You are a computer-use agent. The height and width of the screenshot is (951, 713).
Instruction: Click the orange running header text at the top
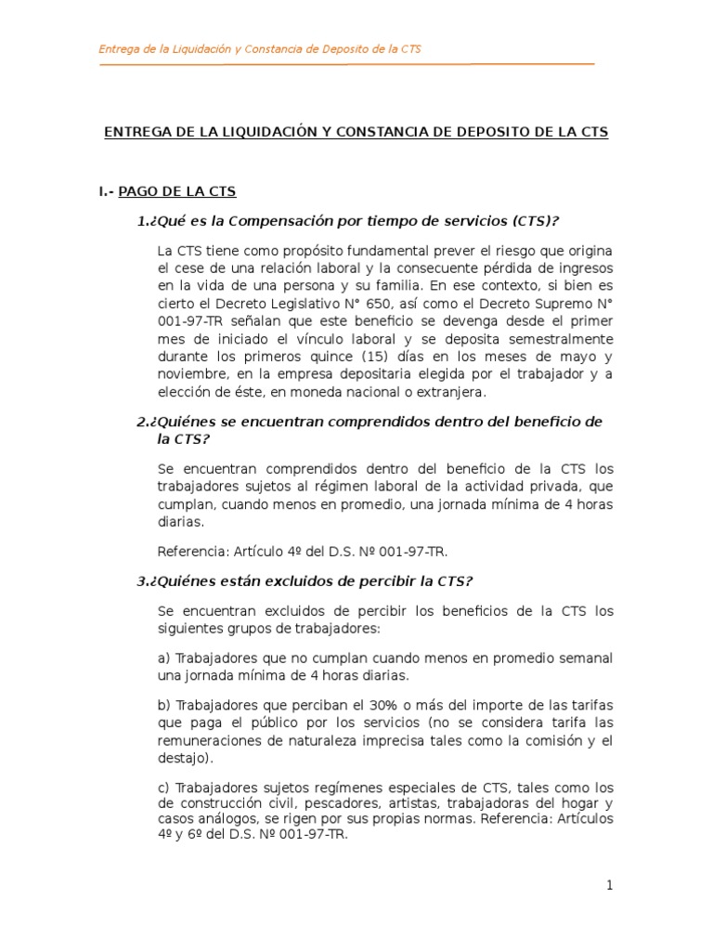[260, 49]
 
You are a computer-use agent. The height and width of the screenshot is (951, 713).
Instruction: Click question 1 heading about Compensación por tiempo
[348, 220]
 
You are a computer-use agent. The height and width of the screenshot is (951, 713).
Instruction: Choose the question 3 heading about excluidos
[305, 581]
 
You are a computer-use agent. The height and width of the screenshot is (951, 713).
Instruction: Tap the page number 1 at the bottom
[610, 886]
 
